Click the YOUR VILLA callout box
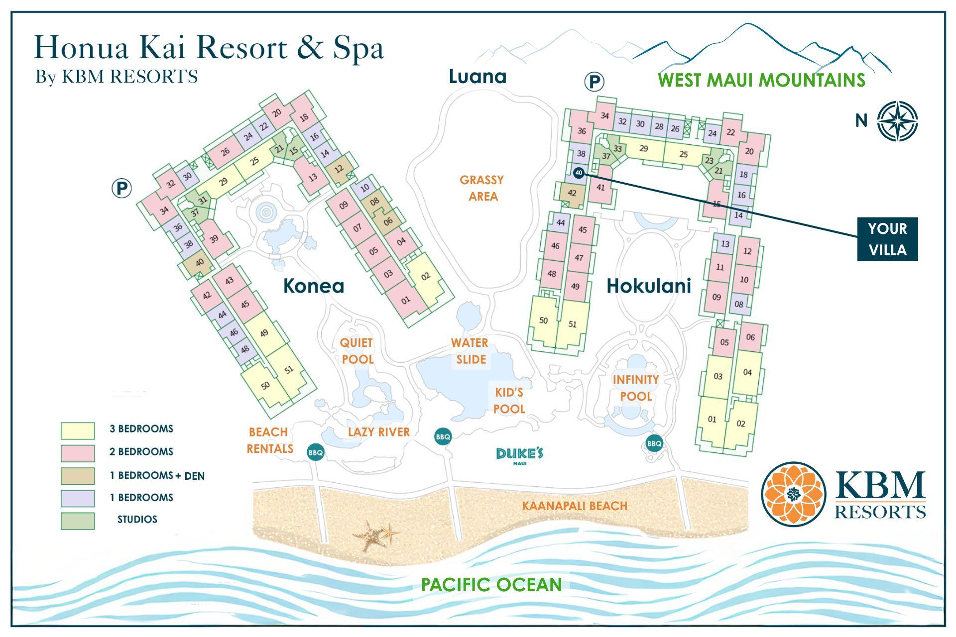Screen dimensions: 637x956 (887, 239)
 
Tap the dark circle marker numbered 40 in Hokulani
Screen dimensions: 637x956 (578, 173)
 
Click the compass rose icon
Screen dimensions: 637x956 (897, 121)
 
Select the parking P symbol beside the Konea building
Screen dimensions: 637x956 (121, 189)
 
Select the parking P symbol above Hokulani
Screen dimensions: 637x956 (594, 81)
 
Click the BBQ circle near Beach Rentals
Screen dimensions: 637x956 (316, 452)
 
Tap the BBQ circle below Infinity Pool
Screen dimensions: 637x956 (654, 443)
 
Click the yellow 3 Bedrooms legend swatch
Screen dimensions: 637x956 (78, 430)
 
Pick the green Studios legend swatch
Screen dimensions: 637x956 (78, 521)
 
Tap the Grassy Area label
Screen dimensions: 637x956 (481, 188)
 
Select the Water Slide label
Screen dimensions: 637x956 (470, 351)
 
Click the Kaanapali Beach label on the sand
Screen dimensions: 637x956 (574, 506)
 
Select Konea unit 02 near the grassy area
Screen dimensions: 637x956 (425, 276)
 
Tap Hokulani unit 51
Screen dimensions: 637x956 (573, 324)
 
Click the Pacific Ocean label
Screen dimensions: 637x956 (491, 584)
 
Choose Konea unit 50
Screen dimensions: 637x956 (265, 385)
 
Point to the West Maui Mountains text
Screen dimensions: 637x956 (761, 80)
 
